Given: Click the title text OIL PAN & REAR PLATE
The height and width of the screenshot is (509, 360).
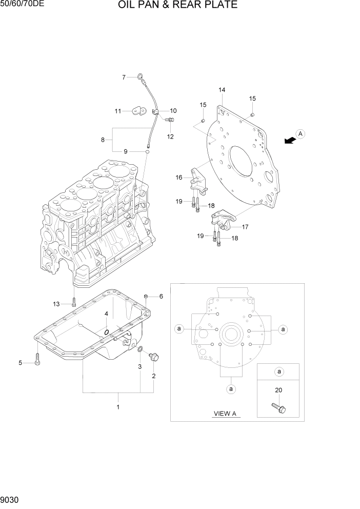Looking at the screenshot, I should (x=177, y=6).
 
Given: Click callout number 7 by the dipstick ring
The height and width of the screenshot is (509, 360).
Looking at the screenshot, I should (x=124, y=77).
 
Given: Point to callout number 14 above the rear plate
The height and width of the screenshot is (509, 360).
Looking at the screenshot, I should (x=222, y=90).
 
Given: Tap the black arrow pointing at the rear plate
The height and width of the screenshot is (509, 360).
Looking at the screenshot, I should (x=290, y=140).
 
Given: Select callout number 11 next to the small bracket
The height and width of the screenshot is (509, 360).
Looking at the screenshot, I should (x=118, y=111).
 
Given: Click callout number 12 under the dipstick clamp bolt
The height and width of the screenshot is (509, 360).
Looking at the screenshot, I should (x=170, y=136).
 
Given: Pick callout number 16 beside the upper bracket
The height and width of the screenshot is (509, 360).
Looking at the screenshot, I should (x=179, y=178).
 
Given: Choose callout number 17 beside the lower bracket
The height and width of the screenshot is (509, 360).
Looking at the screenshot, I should (x=245, y=226).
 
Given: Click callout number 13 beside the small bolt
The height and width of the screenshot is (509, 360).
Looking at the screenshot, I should (x=56, y=304).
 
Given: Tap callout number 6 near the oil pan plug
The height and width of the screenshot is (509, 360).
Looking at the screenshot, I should (x=161, y=297).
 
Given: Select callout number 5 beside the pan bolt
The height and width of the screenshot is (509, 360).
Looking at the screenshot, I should (x=21, y=363).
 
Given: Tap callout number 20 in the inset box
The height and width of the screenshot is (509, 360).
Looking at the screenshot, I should (x=278, y=390).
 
